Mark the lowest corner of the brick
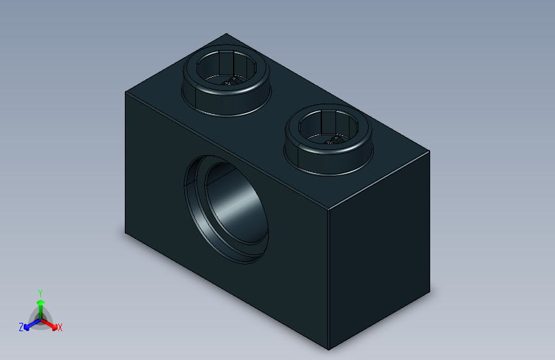328,350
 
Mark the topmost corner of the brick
225,34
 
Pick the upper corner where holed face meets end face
328,210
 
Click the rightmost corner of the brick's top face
428,152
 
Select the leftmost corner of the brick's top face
125,92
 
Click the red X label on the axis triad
60,327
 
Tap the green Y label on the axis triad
40,291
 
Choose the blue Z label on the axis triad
21,327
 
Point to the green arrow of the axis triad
40,304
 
